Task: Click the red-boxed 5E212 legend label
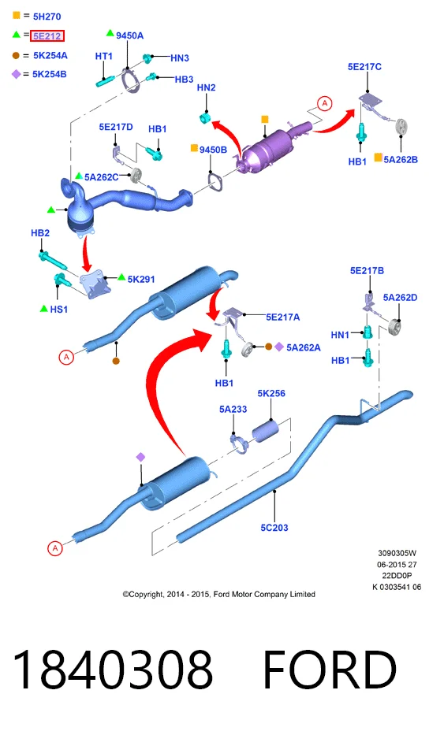click(47, 36)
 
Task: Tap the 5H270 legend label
click(47, 17)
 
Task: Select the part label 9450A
click(129, 35)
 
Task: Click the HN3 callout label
click(179, 58)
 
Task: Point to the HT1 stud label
click(103, 56)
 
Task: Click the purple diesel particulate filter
click(274, 147)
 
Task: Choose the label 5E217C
click(364, 67)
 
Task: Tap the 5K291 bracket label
click(141, 280)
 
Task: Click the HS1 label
click(59, 309)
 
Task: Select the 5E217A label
click(282, 317)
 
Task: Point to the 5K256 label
click(271, 393)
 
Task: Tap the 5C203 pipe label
click(274, 527)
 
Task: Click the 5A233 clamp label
click(233, 409)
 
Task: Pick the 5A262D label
click(400, 298)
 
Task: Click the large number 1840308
click(113, 670)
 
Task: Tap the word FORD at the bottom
click(330, 670)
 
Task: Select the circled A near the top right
click(325, 103)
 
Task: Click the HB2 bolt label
click(40, 232)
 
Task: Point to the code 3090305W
click(397, 553)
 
